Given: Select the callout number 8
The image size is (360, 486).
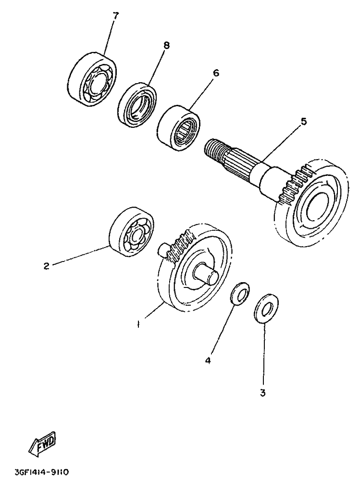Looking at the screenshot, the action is (x=166, y=45).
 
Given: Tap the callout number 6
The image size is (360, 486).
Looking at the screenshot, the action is (x=216, y=73).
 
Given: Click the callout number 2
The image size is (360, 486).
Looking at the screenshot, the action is (x=47, y=266).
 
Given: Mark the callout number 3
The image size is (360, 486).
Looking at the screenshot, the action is (x=262, y=393).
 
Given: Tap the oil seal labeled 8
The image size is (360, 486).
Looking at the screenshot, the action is (x=137, y=104).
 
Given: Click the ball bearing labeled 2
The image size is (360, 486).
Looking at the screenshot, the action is (x=132, y=231).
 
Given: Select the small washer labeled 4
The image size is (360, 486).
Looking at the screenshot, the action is (x=240, y=293).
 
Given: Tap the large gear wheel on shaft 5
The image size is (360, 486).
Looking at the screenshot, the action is (x=311, y=203).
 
